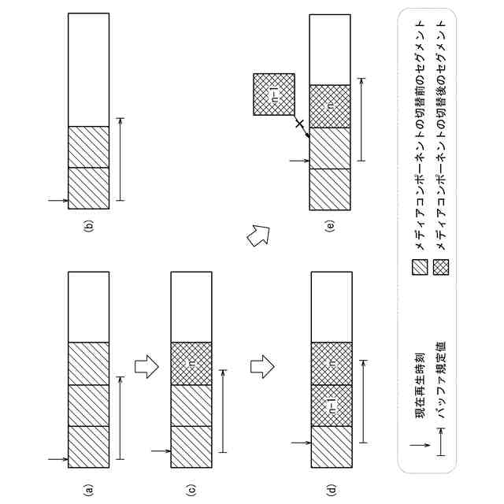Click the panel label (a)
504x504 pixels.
pos(89,489)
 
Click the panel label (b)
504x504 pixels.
pos(89,226)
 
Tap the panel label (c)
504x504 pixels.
pos(191,489)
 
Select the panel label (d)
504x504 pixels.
pos(332,489)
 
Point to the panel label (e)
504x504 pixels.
pos(330,226)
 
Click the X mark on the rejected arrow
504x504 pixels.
pos(299,123)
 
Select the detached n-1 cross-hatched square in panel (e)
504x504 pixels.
pos(274,94)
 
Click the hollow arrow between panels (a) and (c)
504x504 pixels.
pos(146,366)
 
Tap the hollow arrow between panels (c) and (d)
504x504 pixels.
pos(262,366)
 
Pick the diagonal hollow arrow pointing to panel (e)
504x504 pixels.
pos(258,236)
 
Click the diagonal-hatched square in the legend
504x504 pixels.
pos(420,268)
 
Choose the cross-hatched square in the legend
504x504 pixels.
pos(441,268)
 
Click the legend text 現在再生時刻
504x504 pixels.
pos(421,387)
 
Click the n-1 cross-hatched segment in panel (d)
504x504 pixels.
pos(332,406)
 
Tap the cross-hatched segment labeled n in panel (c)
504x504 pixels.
pos(191,364)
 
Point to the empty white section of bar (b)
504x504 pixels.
pos(89,70)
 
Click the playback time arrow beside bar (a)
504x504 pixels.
pos(58,459)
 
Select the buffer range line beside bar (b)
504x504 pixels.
pos(120,159)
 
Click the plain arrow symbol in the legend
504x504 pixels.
pos(420,445)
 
